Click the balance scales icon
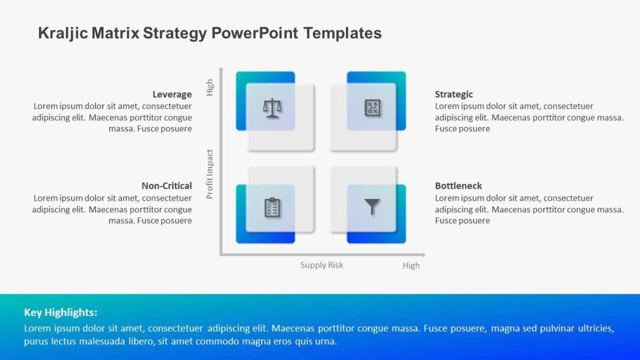point(272,108)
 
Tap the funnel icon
point(372,207)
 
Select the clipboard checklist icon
point(272,207)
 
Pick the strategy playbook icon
point(372,108)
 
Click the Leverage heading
point(172,94)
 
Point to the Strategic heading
point(453,94)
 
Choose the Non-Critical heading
point(167,186)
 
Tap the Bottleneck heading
point(458,186)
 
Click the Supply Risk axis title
point(322,265)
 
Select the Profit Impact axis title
point(209,174)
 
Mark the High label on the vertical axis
point(209,87)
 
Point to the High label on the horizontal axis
point(411,265)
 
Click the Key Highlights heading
point(61,312)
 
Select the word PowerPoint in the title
point(255,34)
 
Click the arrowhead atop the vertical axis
point(221,69)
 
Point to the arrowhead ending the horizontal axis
point(423,255)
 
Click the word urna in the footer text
point(327,341)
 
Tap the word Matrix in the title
point(116,34)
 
